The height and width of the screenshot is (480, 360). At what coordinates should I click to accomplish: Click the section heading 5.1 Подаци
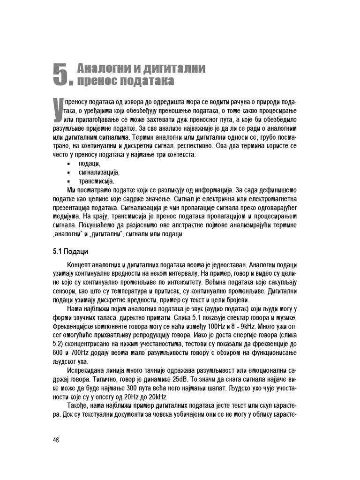[x=71, y=252]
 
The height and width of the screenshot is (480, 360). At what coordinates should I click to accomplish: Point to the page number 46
[x=56, y=439]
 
